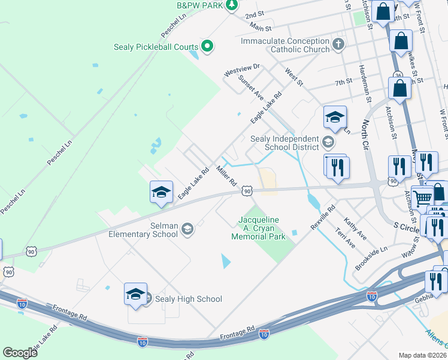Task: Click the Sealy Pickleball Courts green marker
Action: point(207,46)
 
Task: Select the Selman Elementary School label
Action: point(143,230)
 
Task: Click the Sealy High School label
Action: point(188,299)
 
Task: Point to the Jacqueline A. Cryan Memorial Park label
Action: point(259,228)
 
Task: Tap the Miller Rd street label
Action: point(228,175)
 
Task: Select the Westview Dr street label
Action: point(242,70)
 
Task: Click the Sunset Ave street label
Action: point(250,86)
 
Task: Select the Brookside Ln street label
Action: point(371,257)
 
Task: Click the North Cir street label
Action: point(365,133)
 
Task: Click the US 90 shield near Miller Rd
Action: point(247,190)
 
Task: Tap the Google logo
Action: point(20,353)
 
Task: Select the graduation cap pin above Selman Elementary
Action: point(161,193)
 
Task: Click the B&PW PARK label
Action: point(200,5)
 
